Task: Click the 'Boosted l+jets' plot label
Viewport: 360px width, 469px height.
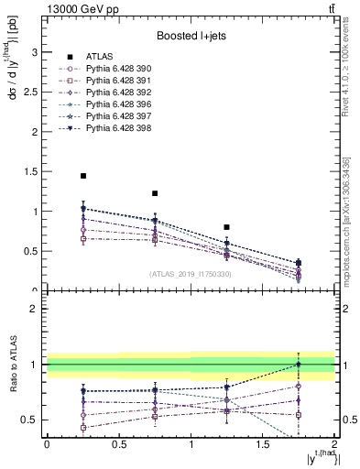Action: (x=191, y=37)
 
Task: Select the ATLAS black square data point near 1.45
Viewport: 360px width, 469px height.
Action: (x=83, y=176)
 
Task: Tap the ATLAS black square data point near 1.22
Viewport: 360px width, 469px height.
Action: (x=155, y=193)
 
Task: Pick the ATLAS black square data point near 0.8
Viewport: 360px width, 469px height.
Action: (x=226, y=226)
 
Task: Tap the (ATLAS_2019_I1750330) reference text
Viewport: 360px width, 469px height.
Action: (x=191, y=273)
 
